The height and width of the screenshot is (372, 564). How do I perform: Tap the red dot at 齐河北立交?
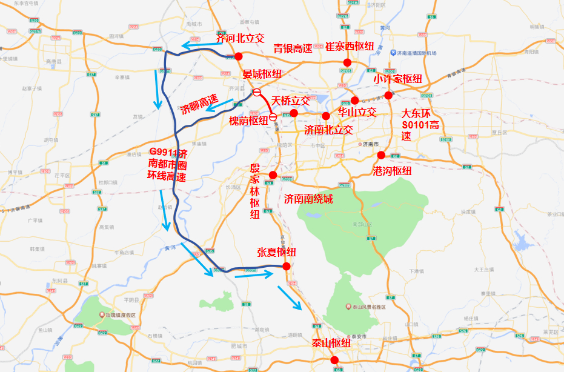(x=239, y=56)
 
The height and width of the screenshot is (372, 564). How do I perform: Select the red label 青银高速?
(x=293, y=49)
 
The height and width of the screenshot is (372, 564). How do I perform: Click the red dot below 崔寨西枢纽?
(x=348, y=62)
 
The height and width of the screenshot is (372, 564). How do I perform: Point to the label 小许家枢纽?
(x=397, y=79)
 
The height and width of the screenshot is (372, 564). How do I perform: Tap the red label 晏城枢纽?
(x=262, y=74)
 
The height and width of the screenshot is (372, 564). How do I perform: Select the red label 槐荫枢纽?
(x=248, y=121)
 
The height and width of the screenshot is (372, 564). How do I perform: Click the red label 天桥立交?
(x=291, y=100)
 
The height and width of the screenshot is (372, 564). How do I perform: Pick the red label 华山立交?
(x=357, y=112)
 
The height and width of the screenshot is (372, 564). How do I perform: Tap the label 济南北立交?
(x=328, y=129)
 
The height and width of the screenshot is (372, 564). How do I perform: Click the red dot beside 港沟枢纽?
(x=381, y=155)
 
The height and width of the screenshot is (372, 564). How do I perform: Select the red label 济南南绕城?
(x=308, y=199)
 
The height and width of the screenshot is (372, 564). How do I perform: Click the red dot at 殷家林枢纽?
(x=273, y=175)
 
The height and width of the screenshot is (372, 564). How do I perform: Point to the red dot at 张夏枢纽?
(x=287, y=266)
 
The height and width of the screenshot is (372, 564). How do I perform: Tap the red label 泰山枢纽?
(x=331, y=344)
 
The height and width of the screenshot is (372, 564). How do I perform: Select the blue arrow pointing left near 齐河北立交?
(x=199, y=45)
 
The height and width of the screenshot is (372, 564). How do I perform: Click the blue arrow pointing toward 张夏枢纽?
(x=255, y=274)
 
